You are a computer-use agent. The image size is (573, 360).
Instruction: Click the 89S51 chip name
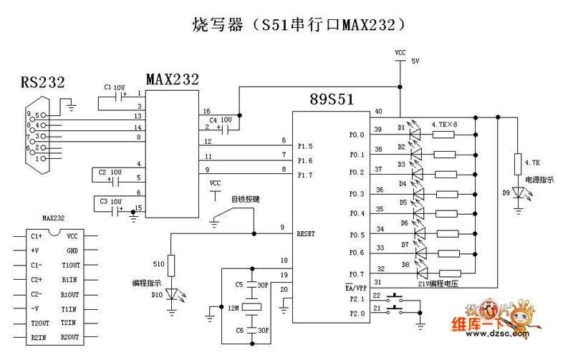point(332,99)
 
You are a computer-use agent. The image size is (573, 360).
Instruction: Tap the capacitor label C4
point(213,120)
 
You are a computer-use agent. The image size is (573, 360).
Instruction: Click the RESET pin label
point(307,233)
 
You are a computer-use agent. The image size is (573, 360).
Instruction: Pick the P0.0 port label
point(357,135)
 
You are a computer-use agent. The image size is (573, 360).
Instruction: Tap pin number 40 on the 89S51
point(378,111)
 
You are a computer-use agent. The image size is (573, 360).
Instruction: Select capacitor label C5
point(239,285)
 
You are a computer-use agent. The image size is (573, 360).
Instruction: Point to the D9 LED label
point(506,192)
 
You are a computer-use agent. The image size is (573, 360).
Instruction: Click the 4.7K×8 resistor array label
point(445,124)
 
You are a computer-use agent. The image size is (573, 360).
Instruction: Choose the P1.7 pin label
point(305,175)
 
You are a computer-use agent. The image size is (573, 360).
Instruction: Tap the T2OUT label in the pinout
point(39,323)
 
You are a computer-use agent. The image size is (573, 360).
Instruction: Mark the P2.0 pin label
point(356,312)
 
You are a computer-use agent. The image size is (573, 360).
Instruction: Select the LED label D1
point(402,127)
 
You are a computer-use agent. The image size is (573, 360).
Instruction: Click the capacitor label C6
point(239,329)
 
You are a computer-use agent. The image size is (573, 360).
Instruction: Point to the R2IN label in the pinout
point(38,337)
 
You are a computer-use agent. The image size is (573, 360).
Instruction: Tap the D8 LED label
point(405,264)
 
